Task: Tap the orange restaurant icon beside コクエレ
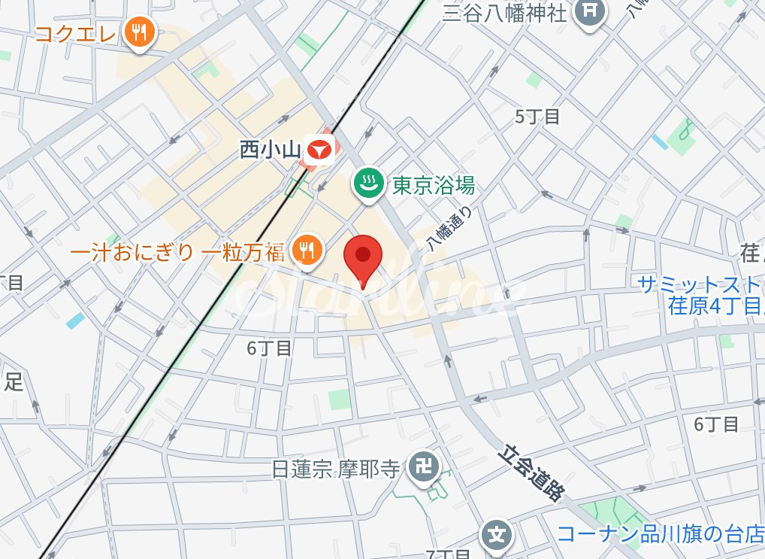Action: click(138, 32)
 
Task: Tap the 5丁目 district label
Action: click(538, 117)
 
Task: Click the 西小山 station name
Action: click(270, 150)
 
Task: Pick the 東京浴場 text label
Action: click(434, 184)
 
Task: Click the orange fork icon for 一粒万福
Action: click(306, 250)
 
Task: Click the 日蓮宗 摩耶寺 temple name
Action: click(335, 469)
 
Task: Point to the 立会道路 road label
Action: click(531, 474)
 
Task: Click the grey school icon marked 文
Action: click(496, 535)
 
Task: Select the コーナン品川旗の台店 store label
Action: click(660, 534)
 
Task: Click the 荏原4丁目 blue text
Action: click(715, 305)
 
